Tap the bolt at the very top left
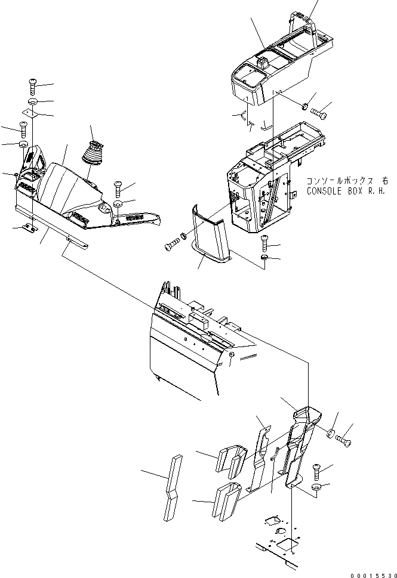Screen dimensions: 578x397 [x=32, y=87]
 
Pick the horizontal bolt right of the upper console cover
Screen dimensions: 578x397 [x=318, y=111]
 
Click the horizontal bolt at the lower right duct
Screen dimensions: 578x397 [x=344, y=440]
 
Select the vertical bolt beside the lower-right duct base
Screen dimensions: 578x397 [x=316, y=472]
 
